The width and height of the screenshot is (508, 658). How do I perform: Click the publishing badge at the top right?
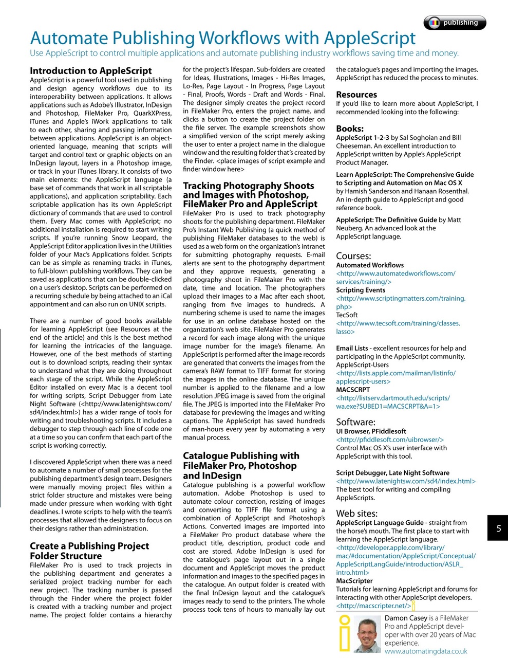pyautogui.click(x=455, y=23)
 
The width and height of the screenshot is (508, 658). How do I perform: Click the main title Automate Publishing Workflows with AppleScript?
pyautogui.click(x=222, y=38)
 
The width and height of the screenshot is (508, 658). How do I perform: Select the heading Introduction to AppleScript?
pyautogui.click(x=90, y=71)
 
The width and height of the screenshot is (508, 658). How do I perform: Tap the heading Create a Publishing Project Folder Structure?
pyautogui.click(x=89, y=551)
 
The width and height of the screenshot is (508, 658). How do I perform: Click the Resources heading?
pyautogui.click(x=356, y=95)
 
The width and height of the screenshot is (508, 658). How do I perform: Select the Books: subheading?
pyautogui.click(x=349, y=129)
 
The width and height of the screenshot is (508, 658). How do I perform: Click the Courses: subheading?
pyautogui.click(x=353, y=256)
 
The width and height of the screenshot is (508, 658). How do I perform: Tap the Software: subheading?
pyautogui.click(x=355, y=422)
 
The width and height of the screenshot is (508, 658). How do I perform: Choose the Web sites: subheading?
pyautogui.click(x=356, y=513)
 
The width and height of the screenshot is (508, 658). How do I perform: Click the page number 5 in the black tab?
pyautogui.click(x=498, y=528)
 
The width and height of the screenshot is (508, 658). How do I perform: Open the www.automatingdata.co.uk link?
pyautogui.click(x=425, y=651)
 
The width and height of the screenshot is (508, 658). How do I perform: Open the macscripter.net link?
pyautogui.click(x=373, y=606)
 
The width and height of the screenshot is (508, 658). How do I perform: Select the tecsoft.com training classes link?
pyautogui.click(x=398, y=327)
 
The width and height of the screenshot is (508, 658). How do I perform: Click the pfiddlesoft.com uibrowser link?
pyautogui.click(x=389, y=440)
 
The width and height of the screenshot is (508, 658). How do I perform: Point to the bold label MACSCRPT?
pyautogui.click(x=352, y=390)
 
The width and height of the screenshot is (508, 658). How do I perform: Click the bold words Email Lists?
pyautogui.click(x=352, y=348)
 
